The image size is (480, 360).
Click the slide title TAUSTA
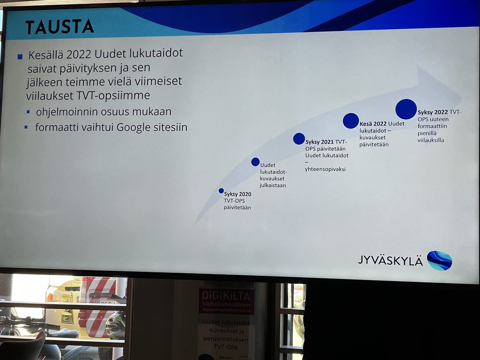60,26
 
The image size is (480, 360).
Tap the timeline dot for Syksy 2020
221,191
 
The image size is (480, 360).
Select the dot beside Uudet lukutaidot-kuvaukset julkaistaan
255,162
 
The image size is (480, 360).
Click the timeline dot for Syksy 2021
299,138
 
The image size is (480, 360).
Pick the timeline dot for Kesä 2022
351,121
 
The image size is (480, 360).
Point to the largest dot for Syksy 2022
406,109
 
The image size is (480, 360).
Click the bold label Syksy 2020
238,194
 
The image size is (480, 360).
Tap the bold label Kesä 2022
373,124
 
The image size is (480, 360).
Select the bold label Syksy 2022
432,112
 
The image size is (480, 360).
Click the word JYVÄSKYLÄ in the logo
390,260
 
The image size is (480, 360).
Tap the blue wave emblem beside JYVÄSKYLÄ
439,260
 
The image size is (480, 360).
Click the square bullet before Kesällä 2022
20,57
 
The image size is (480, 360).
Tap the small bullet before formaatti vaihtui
26,128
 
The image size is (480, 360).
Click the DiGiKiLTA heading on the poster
226,296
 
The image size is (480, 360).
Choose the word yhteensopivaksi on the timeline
325,169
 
